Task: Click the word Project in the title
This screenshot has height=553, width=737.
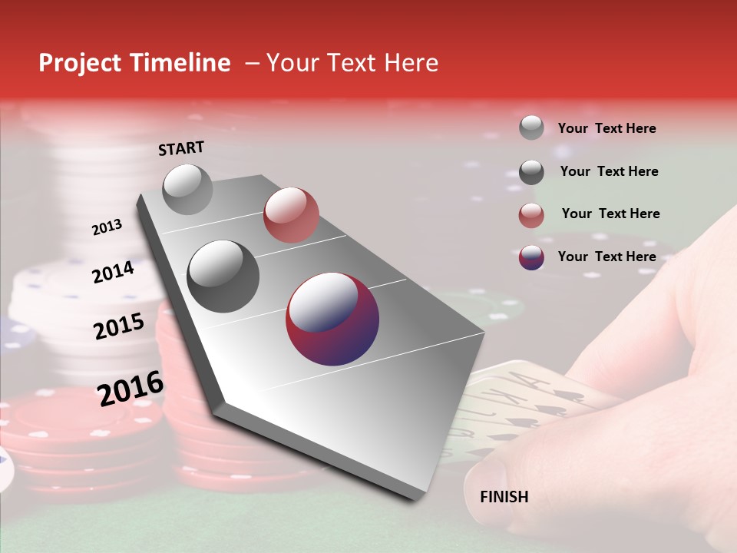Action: coord(80,63)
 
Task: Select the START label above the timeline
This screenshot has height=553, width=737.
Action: coord(181,148)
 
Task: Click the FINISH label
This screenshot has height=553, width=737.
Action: coord(504,497)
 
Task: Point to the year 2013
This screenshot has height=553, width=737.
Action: coord(107,227)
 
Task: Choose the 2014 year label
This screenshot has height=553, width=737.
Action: coord(114,272)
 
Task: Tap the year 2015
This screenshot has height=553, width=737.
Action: coord(119,326)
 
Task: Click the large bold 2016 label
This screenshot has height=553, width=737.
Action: coord(131,389)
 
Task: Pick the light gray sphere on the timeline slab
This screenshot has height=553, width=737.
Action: coord(188,189)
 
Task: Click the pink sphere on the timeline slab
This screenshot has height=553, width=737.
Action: coord(291,214)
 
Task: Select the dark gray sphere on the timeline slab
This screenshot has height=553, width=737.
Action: coord(223,276)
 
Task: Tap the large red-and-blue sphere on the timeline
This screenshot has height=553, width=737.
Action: coord(332,319)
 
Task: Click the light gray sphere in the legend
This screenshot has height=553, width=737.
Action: coord(531,127)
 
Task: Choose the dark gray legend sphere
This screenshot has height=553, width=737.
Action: coord(531,172)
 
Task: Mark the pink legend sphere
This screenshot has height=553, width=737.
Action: coord(531,215)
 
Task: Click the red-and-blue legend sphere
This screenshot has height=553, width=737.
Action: coord(531,257)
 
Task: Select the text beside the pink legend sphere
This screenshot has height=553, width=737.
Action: coord(610,214)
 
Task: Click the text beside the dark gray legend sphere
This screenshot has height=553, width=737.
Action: coord(609,171)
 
